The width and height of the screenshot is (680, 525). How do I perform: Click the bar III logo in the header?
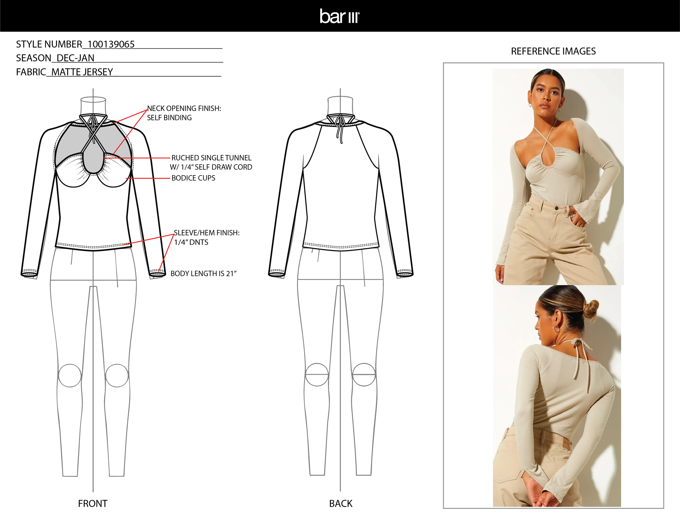[x=340, y=16]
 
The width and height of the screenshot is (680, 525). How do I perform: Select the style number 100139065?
[x=111, y=45]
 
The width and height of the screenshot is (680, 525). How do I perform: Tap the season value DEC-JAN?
[x=75, y=58]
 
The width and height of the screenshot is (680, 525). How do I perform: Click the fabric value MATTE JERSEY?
[x=82, y=72]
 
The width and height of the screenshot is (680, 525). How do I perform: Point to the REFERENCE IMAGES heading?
[x=553, y=51]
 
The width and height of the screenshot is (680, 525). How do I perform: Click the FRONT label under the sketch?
[x=92, y=503]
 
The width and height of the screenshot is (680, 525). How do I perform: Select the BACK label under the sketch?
[x=341, y=503]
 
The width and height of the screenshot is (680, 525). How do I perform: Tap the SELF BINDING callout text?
[x=169, y=118]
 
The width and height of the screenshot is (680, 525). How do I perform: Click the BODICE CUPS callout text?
[x=193, y=178]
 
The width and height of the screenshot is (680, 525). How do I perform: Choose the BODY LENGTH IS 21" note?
[x=204, y=274]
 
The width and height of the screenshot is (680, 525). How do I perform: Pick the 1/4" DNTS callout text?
[x=191, y=242]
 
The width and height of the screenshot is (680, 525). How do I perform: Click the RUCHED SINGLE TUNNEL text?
[x=211, y=158]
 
